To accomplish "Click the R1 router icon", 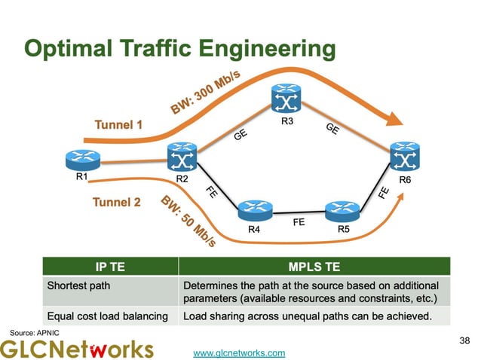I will pos(81,160).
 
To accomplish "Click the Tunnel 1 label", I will pos(118,124).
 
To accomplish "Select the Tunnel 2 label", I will pos(116,202).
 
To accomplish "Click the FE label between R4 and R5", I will pos(299,222).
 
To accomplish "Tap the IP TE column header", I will pos(110,267).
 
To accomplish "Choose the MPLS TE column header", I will pos(314,267).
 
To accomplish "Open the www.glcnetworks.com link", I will pos(239,352).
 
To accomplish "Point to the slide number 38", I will pos(463,341).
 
